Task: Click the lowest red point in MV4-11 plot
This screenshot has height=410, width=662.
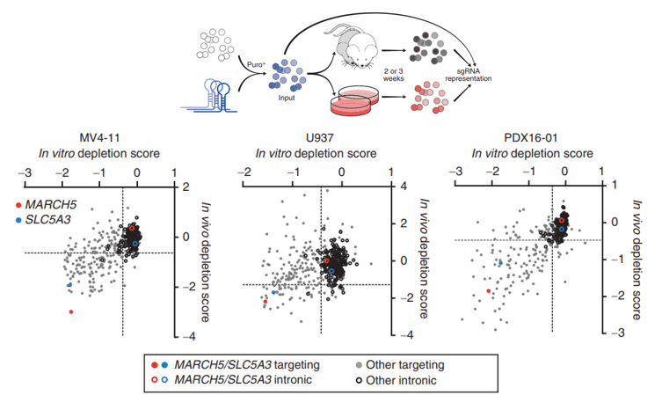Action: point(71,311)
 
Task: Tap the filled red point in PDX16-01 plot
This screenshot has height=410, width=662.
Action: point(488,290)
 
